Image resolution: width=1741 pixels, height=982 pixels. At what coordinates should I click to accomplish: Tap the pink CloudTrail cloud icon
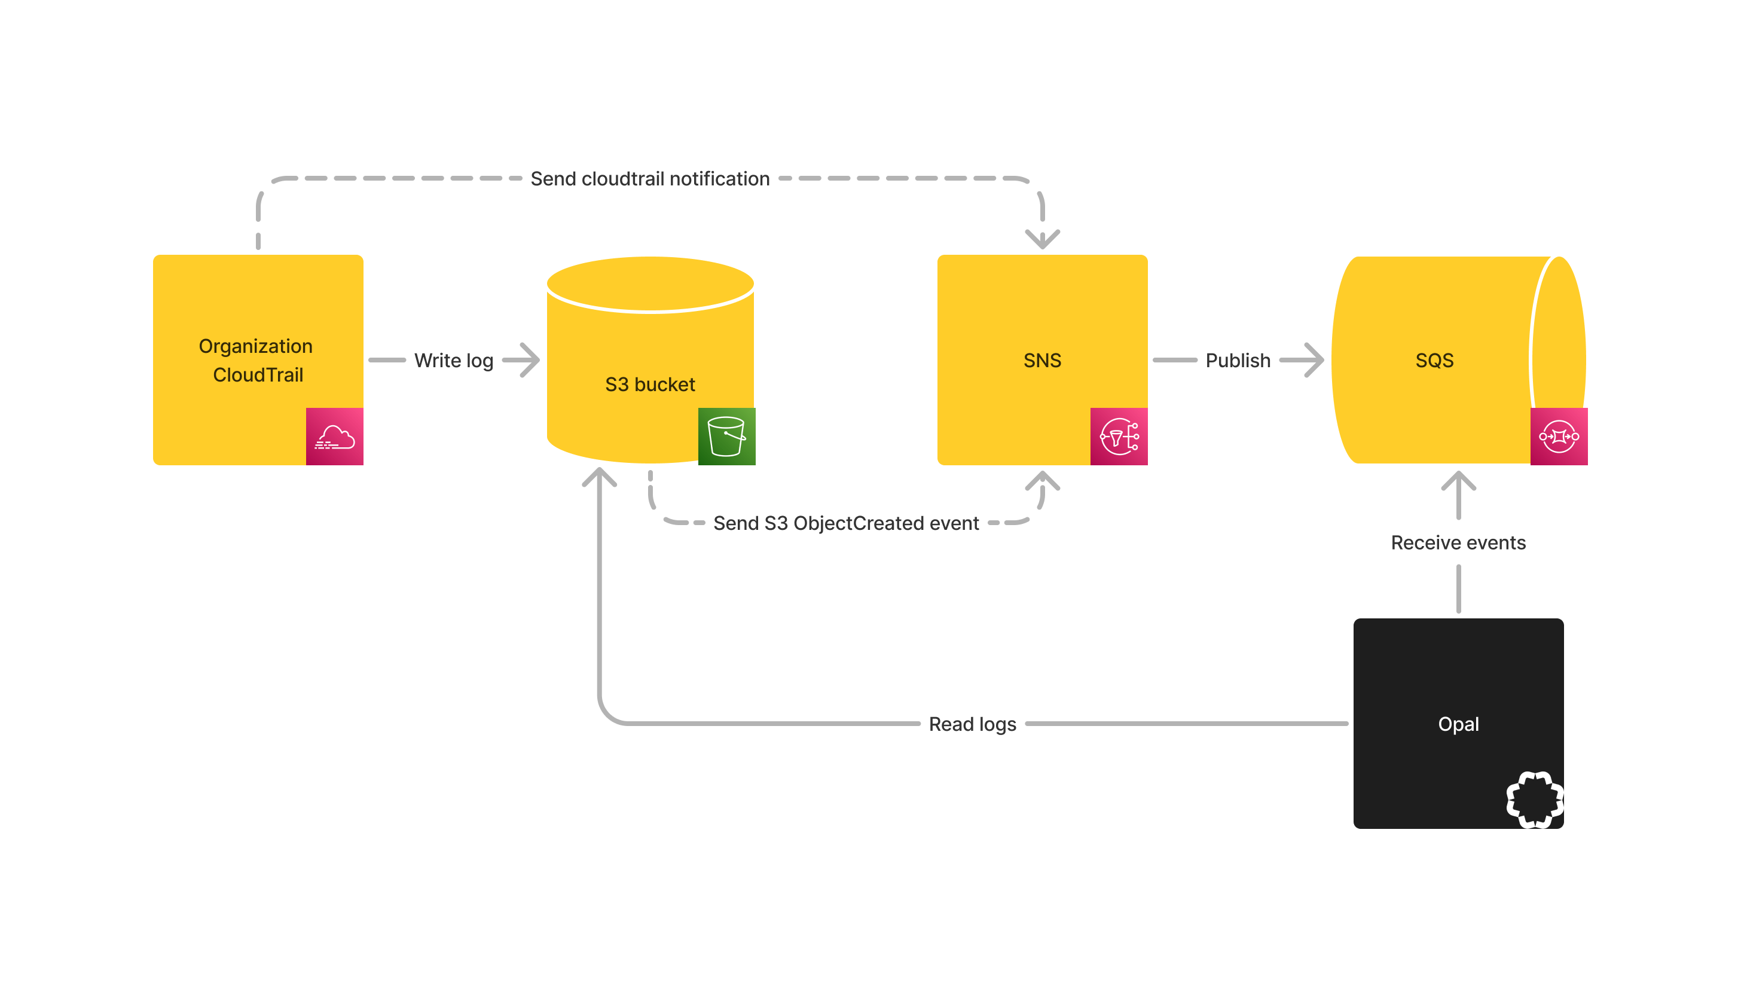click(x=335, y=437)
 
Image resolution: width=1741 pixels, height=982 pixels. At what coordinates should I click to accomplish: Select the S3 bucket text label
click(x=649, y=385)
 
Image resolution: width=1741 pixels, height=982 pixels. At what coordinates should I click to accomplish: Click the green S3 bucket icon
click(x=726, y=437)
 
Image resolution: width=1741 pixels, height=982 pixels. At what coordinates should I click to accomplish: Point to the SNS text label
click(x=1042, y=360)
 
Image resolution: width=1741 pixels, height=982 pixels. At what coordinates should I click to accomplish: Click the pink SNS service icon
click(x=1119, y=437)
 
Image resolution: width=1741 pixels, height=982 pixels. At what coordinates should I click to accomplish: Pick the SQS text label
click(x=1434, y=360)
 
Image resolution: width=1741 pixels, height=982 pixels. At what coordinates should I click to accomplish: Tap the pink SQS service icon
click(x=1559, y=437)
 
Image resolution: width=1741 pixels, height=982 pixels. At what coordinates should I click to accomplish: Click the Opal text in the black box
click(x=1458, y=724)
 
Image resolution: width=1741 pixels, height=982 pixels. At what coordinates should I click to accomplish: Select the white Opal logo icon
click(x=1534, y=800)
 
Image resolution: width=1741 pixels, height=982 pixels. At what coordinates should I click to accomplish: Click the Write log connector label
click(x=454, y=360)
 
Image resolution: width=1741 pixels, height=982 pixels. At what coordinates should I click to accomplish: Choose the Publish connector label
click(x=1238, y=360)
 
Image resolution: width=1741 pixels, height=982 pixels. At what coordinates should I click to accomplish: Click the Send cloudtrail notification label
click(x=649, y=178)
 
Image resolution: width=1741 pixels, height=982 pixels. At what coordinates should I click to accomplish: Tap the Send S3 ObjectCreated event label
click(x=845, y=523)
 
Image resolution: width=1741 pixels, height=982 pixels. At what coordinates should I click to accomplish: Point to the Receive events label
click(x=1458, y=542)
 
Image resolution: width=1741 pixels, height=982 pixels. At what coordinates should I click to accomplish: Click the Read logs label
click(x=972, y=724)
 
